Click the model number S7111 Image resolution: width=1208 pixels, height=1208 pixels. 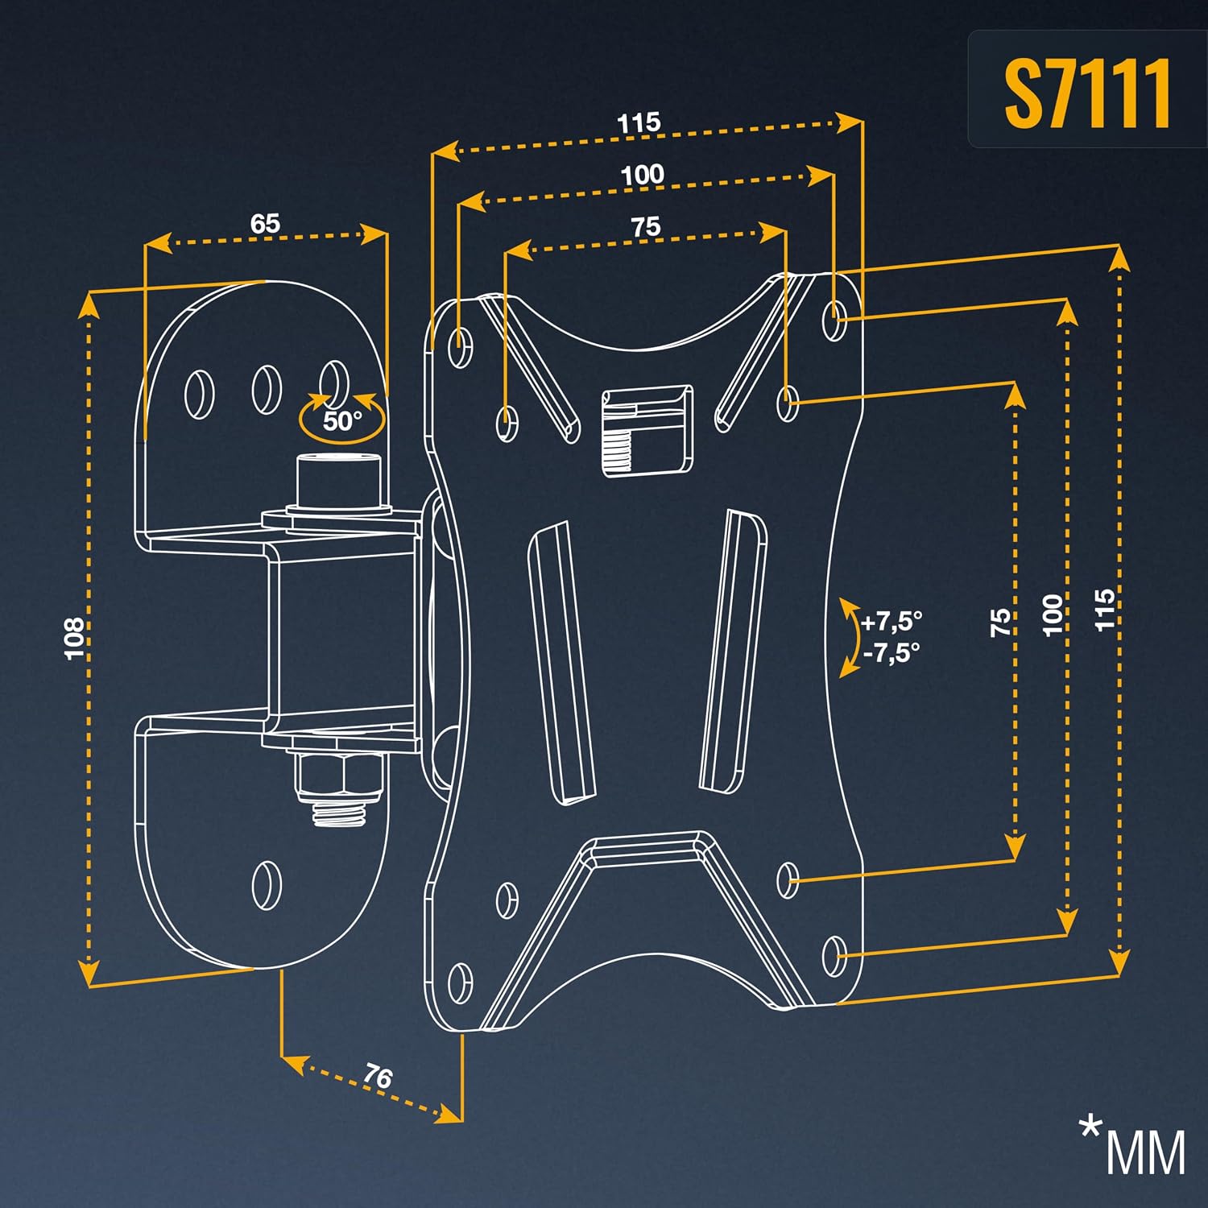tap(1087, 93)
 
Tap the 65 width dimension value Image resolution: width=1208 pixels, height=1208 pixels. tap(265, 223)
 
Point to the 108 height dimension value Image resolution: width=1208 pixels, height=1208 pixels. tap(74, 639)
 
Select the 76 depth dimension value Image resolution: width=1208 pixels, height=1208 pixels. tap(377, 1076)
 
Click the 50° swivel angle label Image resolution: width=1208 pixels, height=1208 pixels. tap(342, 420)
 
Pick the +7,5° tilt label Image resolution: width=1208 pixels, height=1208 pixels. tap(892, 622)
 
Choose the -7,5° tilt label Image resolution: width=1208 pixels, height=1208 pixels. tap(892, 652)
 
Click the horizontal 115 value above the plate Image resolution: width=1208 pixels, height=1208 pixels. tap(639, 123)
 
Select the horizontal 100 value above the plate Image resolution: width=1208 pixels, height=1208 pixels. tap(642, 175)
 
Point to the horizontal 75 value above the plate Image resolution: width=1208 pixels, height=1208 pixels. tap(645, 226)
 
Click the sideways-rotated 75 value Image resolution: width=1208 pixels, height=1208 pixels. tap(1000, 623)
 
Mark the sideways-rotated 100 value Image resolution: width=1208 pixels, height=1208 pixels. tap(1053, 615)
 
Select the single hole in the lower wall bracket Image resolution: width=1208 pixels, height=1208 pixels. tap(267, 884)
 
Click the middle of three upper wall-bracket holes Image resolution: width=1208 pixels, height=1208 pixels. tap(267, 391)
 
